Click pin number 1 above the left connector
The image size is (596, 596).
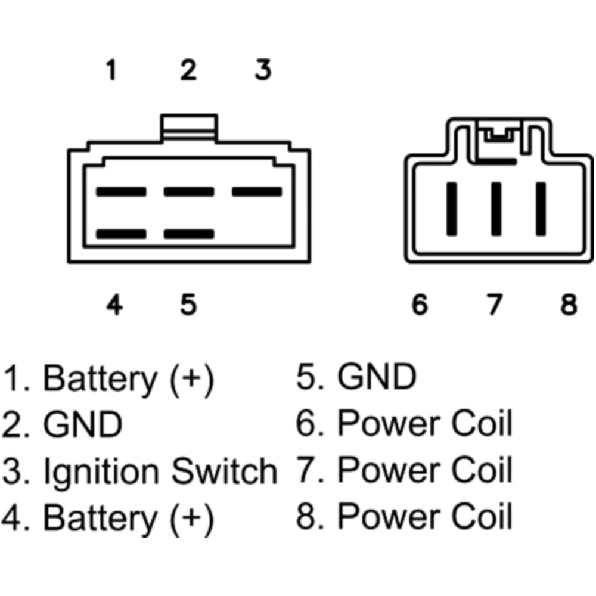[x=111, y=70]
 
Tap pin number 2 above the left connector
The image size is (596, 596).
[x=188, y=70]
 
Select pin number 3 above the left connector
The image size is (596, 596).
[x=263, y=70]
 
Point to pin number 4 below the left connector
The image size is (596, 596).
[x=114, y=305]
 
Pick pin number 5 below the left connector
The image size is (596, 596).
[x=188, y=305]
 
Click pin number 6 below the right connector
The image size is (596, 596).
[x=420, y=305]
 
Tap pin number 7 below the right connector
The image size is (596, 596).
[x=493, y=305]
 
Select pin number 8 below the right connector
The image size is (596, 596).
[x=569, y=305]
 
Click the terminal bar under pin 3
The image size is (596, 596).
[x=256, y=192]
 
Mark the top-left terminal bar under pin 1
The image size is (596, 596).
[x=121, y=192]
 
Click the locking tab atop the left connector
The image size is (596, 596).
[x=189, y=127]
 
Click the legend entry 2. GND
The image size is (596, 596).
[x=62, y=425]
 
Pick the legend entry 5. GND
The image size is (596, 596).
[x=356, y=378]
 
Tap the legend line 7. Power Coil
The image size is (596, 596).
[x=405, y=471]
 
